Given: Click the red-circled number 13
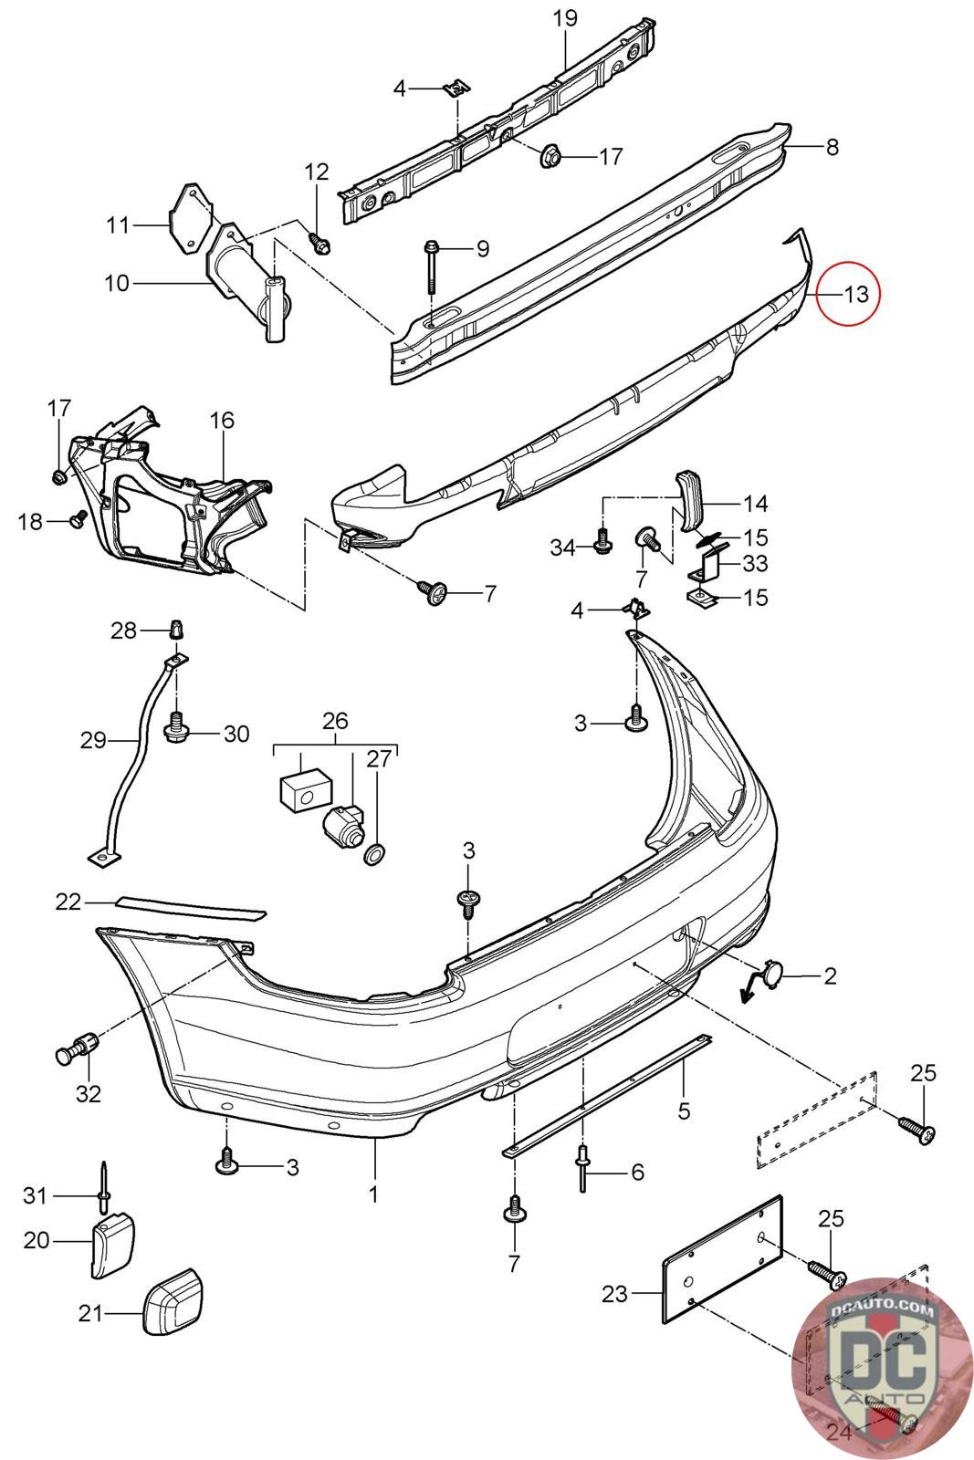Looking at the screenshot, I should pos(855,294).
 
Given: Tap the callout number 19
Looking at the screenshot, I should pos(565,17).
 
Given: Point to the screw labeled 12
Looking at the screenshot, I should pos(320,244).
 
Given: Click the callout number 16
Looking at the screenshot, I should pos(222,420).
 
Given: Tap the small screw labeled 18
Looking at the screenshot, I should pos(78,520).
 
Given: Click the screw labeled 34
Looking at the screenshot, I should pos(602,544).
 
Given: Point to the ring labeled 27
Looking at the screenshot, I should pos(375,855).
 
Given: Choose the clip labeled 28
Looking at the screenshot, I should pos(176,630).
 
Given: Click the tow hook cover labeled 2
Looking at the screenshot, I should pos(768,977).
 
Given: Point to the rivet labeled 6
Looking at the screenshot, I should pos(581,1168).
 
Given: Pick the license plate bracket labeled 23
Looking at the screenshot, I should pos(721,1257).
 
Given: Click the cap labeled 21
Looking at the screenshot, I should pos(172,1299).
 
